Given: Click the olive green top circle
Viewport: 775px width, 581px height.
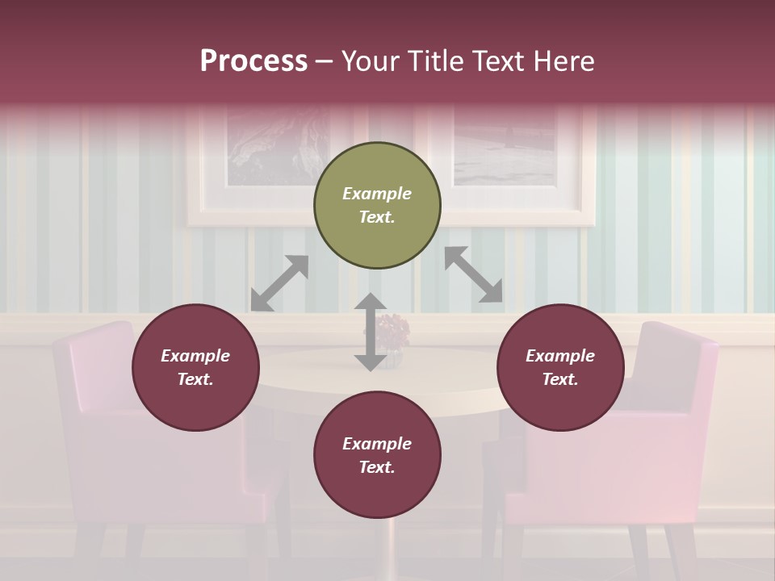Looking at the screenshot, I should (377, 206).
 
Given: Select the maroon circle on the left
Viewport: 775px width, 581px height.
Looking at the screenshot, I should (195, 367).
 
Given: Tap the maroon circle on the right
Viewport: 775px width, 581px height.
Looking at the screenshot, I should (560, 367).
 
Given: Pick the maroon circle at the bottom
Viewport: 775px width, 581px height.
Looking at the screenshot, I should (377, 455).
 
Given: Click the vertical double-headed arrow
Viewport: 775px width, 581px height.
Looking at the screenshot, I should (370, 332).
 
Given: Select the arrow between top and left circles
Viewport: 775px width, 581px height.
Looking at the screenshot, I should (279, 283).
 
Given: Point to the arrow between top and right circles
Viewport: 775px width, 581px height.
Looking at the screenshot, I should (474, 274).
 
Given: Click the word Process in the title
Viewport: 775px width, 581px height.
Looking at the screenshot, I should (253, 61).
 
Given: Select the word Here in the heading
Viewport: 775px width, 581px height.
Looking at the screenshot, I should (564, 61).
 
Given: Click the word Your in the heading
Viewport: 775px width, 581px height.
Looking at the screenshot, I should (371, 61).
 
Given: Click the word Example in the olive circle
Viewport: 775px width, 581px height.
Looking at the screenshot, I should (377, 194).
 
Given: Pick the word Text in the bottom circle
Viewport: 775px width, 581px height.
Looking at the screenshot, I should (375, 467).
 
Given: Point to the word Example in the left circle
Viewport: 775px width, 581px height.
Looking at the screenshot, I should (195, 356).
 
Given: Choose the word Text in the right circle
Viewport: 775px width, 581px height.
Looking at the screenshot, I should (559, 379).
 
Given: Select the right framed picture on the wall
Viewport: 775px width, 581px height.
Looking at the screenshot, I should (509, 145).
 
